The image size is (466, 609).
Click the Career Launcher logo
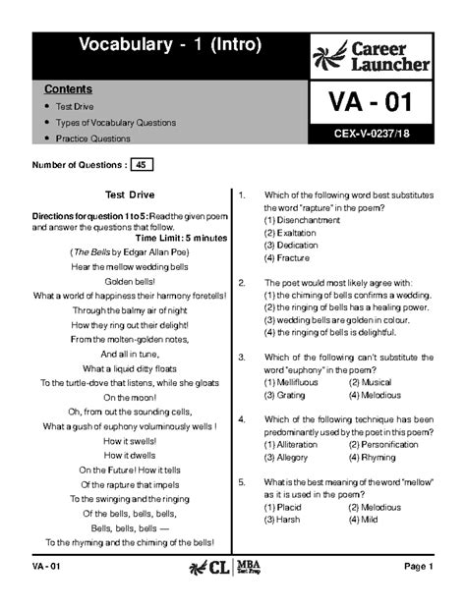(371, 56)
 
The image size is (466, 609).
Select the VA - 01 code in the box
(370, 102)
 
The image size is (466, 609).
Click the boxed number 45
(143, 164)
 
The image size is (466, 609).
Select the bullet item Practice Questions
(95, 138)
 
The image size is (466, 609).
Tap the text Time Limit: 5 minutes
(181, 238)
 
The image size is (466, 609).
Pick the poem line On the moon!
(131, 397)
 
